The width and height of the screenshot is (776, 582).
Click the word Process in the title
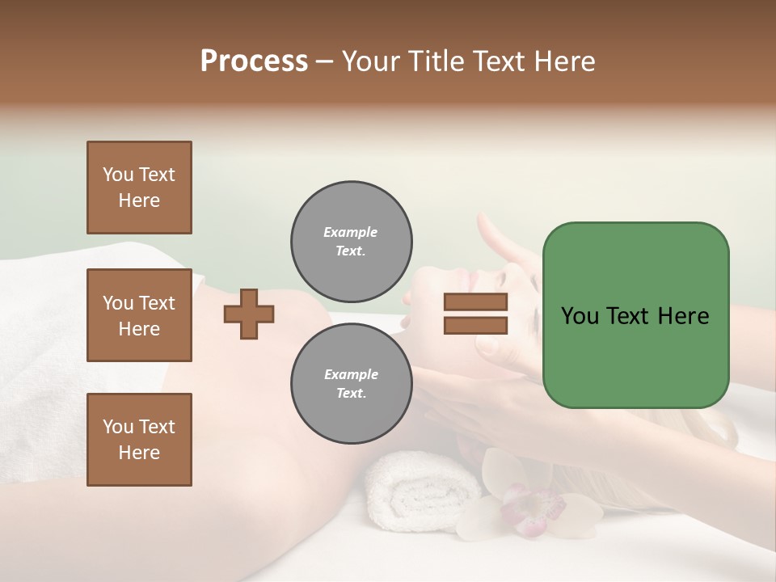point(254,61)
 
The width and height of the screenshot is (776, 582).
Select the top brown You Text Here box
point(139,188)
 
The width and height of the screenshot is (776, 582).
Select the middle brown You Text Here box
point(139,315)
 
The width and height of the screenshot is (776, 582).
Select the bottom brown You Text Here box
point(139,440)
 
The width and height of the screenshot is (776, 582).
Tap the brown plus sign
point(249,314)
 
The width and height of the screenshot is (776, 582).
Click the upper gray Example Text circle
point(351,242)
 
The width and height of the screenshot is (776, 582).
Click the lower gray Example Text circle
point(351,384)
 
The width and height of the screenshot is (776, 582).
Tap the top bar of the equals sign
point(475,302)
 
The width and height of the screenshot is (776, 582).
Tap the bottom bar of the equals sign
point(475,325)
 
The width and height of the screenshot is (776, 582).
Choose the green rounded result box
point(635,315)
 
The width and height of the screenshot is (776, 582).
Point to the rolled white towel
point(420,485)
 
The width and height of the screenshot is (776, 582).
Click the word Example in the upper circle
point(351,232)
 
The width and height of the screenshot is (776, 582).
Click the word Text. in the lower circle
point(351,394)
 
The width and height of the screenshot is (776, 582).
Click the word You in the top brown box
point(118,175)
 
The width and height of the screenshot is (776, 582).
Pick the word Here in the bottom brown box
point(139,453)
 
